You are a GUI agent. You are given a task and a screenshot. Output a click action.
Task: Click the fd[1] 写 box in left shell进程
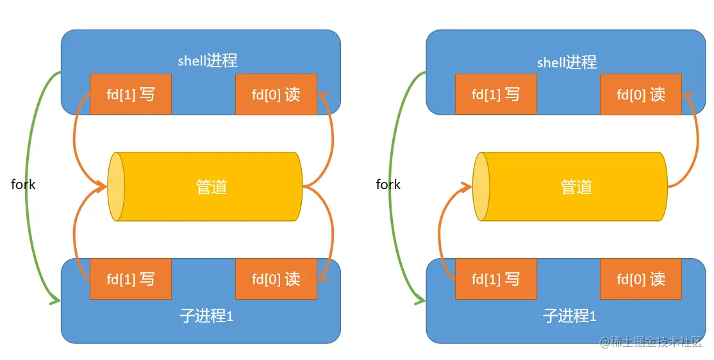tap(131, 95)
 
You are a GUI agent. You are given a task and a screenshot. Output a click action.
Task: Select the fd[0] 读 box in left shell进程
tap(276, 95)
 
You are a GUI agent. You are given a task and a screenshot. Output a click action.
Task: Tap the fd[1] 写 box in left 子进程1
tap(131, 279)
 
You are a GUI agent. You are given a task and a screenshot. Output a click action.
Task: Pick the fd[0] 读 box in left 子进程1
tap(276, 279)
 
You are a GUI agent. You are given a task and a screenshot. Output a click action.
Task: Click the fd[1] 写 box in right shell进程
tap(495, 95)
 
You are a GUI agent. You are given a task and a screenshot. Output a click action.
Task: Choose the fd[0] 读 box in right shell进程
tap(641, 95)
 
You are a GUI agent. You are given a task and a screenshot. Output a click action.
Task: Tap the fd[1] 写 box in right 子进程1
tap(495, 279)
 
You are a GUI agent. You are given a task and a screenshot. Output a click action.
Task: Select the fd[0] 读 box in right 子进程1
tap(641, 279)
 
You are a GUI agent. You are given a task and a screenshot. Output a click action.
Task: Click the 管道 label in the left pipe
tap(212, 187)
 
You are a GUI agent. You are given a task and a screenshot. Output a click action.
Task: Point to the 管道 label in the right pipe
tap(577, 187)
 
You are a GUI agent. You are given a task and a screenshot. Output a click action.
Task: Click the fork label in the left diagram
tap(23, 184)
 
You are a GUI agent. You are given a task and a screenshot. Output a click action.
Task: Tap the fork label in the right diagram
tap(388, 184)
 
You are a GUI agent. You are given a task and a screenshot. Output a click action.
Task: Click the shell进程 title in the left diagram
tap(208, 61)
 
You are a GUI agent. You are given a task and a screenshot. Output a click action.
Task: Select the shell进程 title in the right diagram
tap(567, 62)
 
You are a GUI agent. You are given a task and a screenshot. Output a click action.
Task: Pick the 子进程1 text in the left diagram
tap(206, 316)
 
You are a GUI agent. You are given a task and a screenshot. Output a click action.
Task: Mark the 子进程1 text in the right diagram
tap(569, 316)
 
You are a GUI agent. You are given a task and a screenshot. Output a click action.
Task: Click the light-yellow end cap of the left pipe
tap(116, 187)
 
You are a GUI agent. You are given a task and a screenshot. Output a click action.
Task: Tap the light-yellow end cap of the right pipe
tap(481, 187)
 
